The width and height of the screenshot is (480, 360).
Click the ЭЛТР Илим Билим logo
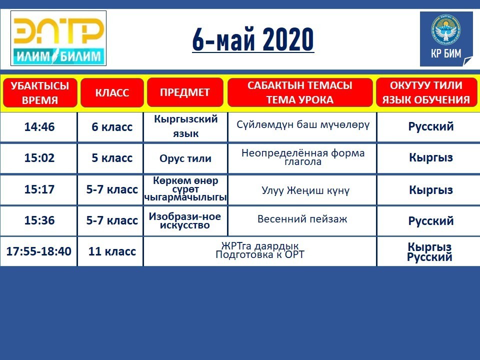(x=58, y=38)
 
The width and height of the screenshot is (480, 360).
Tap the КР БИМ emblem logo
(x=446, y=39)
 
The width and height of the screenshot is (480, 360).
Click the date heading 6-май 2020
(x=253, y=39)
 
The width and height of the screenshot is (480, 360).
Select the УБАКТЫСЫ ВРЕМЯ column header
(x=40, y=92)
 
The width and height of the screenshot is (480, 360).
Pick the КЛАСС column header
(x=112, y=92)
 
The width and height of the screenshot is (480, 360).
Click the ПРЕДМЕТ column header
(x=185, y=92)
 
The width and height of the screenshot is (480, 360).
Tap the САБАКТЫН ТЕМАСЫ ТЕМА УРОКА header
(x=300, y=92)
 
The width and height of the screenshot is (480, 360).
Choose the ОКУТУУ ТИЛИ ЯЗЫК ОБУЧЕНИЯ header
(x=426, y=92)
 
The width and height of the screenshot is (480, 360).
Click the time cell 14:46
(x=39, y=126)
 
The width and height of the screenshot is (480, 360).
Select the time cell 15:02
(x=39, y=158)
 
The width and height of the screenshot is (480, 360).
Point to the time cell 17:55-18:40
(x=39, y=251)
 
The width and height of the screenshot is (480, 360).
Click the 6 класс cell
(x=112, y=127)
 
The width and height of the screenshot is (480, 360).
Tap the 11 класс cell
(x=112, y=251)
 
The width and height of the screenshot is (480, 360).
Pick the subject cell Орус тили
(x=185, y=158)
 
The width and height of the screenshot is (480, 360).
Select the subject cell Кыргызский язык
(x=186, y=126)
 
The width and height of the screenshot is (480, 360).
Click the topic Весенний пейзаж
(x=302, y=219)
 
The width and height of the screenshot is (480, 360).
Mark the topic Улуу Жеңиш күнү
(x=305, y=190)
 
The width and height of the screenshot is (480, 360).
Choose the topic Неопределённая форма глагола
(x=303, y=157)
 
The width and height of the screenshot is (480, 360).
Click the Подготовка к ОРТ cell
(x=260, y=254)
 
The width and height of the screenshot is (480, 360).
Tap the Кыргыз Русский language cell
(x=430, y=251)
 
